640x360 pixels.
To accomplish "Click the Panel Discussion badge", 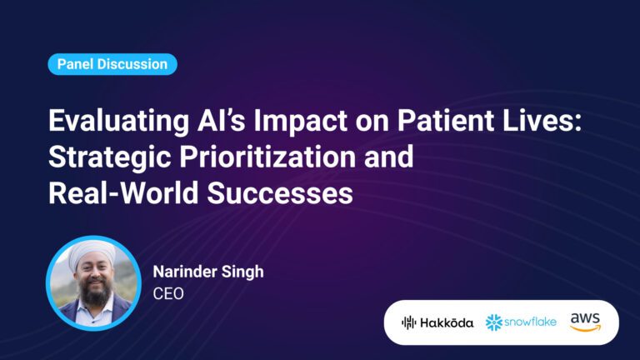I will [112, 64].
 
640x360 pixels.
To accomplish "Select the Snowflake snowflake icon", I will [495, 322].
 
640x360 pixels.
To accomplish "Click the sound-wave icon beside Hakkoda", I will [408, 322].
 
